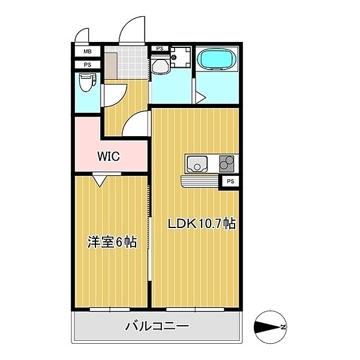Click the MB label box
pos(88,53)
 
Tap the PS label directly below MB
pos(88,65)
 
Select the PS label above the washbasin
pos(160,49)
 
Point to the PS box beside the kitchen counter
pos(230,180)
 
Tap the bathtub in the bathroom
pos(217,59)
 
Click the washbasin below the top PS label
pos(159,65)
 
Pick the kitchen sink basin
pos(197,163)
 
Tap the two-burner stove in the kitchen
pos(227,163)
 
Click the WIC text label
pos(109,157)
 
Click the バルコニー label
pos(157,327)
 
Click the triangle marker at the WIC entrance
pos(100,179)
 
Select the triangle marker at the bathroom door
pos(200,97)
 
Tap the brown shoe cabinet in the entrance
pos(110,61)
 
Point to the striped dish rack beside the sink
pos(200,181)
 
